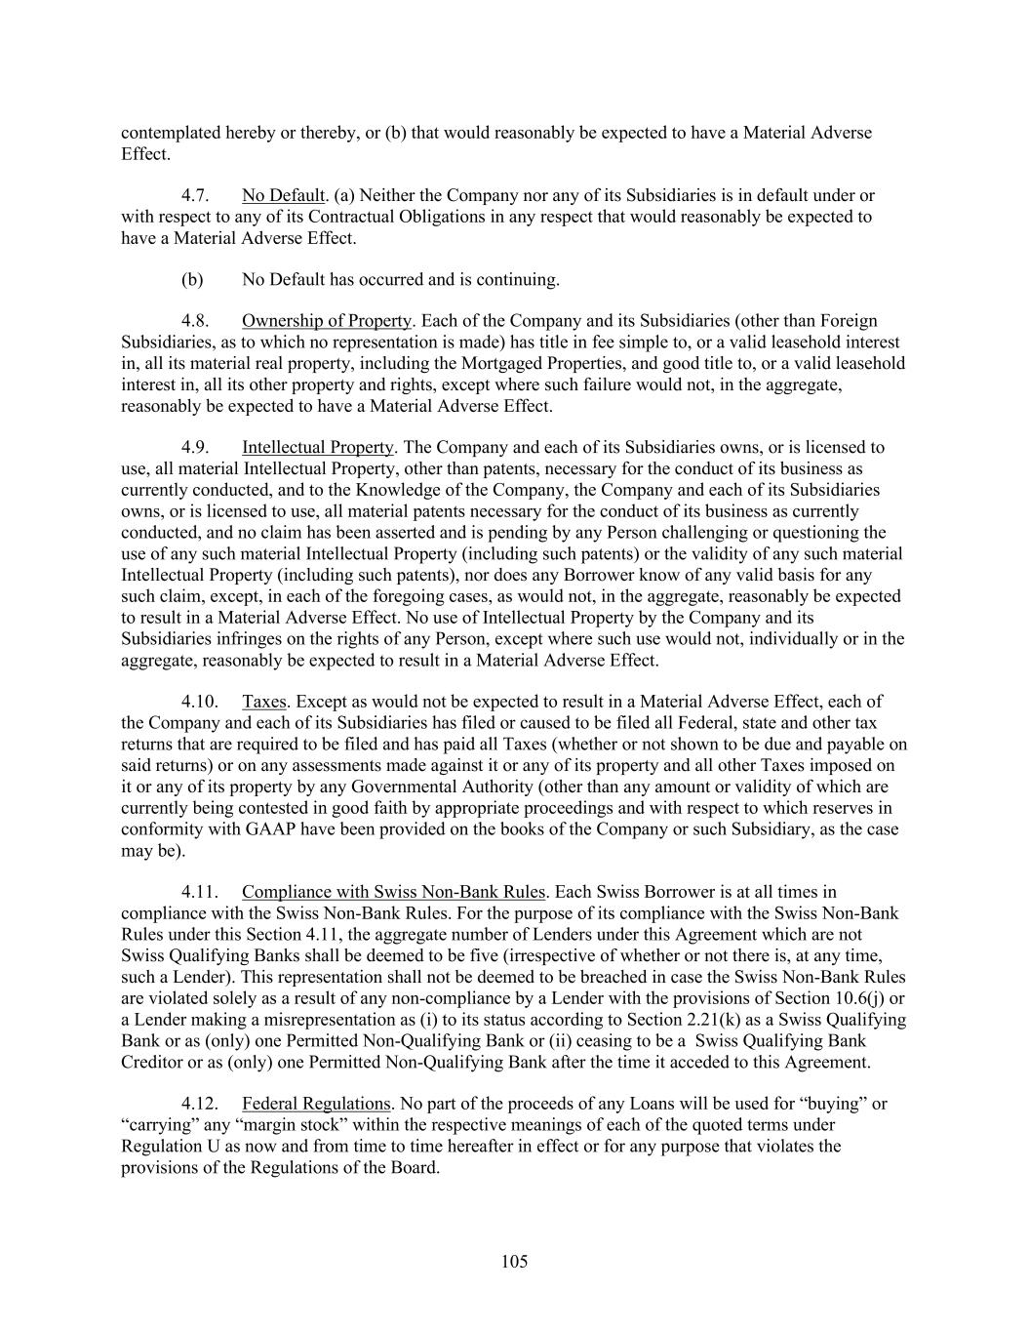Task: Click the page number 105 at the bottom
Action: pyautogui.click(x=514, y=1262)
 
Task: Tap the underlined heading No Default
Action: pyautogui.click(x=283, y=196)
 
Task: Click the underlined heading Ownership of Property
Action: pyautogui.click(x=327, y=321)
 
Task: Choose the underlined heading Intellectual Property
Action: pyautogui.click(x=318, y=448)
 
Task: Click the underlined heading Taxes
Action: pyautogui.click(x=263, y=702)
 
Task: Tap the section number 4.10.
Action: pyautogui.click(x=199, y=702)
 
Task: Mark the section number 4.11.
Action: pyautogui.click(x=199, y=892)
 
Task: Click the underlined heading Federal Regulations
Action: pyautogui.click(x=316, y=1104)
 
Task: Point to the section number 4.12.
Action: pyautogui.click(x=199, y=1104)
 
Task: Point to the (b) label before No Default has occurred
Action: pyautogui.click(x=192, y=280)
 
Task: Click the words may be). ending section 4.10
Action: pyautogui.click(x=153, y=851)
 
